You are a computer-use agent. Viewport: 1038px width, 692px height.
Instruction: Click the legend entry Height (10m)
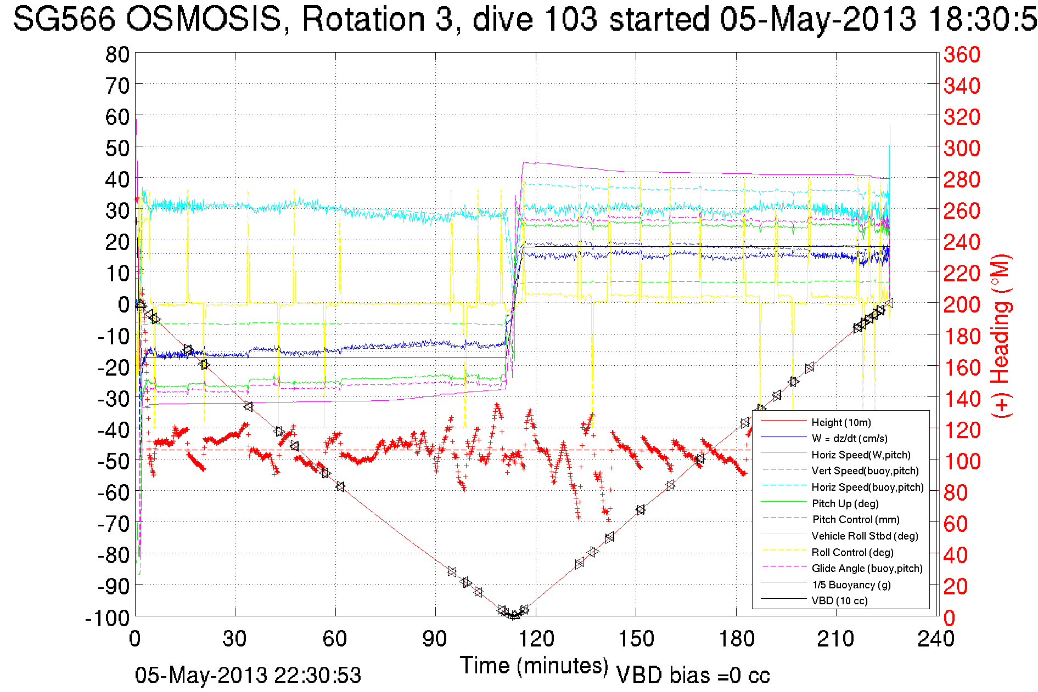841,422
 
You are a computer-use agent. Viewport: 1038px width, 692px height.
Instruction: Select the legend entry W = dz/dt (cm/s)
849,438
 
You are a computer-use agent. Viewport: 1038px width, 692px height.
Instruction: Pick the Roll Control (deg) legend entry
852,552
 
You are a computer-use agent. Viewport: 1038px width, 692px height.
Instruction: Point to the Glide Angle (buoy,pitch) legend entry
867,569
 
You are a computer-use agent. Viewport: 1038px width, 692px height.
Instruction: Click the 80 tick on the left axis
117,54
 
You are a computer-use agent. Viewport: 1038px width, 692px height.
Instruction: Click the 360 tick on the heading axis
962,54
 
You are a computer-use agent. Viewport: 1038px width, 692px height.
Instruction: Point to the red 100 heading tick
962,461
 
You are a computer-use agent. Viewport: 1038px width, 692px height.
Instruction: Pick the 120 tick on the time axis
536,639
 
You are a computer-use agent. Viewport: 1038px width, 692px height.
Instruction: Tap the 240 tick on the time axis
936,639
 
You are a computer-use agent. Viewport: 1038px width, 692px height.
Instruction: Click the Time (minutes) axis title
534,666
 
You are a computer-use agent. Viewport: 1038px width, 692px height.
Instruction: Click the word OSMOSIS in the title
204,20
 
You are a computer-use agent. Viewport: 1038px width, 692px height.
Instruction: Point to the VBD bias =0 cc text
693,676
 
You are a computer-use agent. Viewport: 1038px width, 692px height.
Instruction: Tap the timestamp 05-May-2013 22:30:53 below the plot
248,676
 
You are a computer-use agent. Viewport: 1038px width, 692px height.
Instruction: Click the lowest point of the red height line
513,616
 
